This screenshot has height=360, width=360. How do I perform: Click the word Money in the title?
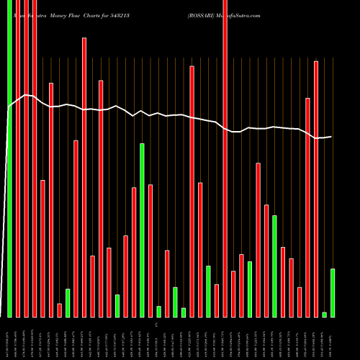[x=57, y=14]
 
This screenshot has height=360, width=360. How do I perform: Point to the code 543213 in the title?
[x=140, y=14]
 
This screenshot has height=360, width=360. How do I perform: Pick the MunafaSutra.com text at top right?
[x=241, y=14]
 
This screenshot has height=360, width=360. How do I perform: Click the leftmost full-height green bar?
[x=9, y=158]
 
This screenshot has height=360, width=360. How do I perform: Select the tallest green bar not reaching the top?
[x=142, y=230]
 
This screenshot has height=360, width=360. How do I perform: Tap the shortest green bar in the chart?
[x=324, y=315]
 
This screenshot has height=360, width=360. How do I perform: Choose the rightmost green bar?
[x=333, y=292]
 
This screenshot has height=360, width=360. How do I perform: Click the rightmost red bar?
[x=316, y=189]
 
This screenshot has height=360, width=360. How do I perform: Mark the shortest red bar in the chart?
[x=60, y=310]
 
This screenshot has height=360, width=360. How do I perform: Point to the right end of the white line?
[x=331, y=137]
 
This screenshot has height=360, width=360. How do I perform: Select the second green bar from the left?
[x=68, y=302]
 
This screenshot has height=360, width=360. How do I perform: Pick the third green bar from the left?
[x=117, y=306]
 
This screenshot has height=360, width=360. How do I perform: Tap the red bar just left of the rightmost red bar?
[x=307, y=207]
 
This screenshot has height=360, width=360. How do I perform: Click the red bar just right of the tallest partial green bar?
[x=150, y=251]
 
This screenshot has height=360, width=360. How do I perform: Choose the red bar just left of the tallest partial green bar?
[x=134, y=252]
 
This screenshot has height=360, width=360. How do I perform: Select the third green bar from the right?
[x=274, y=266]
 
